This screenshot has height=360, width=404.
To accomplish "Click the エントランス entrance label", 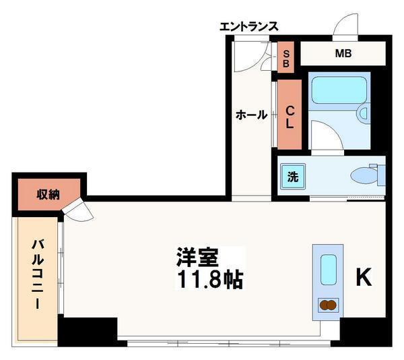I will pyautogui.click(x=248, y=27).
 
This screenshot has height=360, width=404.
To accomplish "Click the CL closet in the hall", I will pyautogui.click(x=290, y=115).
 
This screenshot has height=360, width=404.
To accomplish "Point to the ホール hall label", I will pyautogui.click(x=251, y=115).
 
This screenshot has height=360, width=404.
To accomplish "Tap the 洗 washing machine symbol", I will pyautogui.click(x=294, y=177).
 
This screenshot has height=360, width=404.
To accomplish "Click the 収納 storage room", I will pyautogui.click(x=48, y=194).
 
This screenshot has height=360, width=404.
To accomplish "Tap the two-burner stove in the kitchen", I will pyautogui.click(x=327, y=305).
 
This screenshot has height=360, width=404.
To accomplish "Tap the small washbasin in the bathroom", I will pyautogui.click(x=364, y=112).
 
